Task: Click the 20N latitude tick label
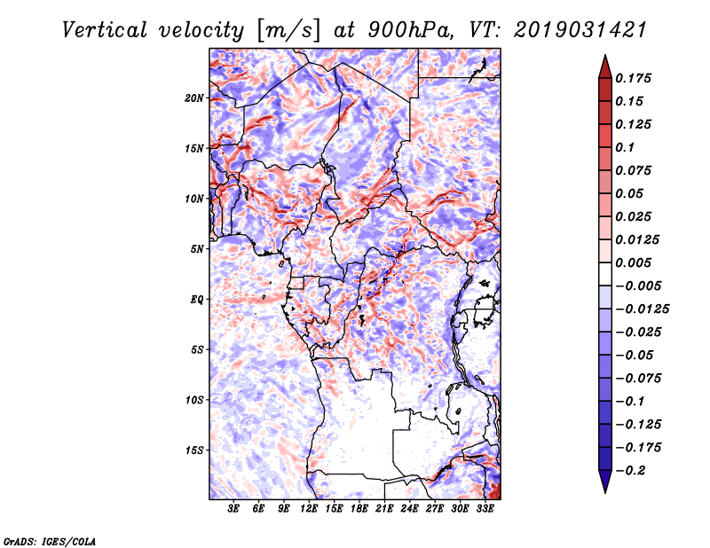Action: [193, 98]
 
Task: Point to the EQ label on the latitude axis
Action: [198, 300]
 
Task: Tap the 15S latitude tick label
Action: [193, 450]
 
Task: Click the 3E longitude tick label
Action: [234, 510]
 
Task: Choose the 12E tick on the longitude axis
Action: [310, 510]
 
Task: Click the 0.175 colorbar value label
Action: [635, 78]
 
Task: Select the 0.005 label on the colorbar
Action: [635, 262]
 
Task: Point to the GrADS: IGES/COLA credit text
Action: [49, 540]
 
